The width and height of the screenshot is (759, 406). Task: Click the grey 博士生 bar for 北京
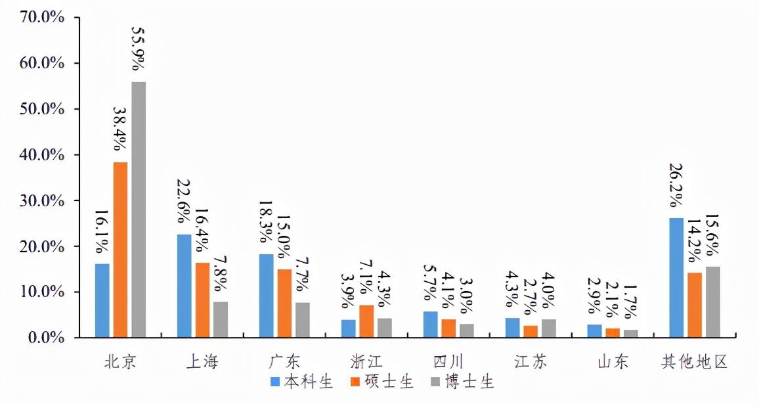pos(139,210)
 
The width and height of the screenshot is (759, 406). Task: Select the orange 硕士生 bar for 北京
pos(120,250)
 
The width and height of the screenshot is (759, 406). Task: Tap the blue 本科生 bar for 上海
pos(184,286)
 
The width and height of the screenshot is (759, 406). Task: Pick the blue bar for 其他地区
pos(676,278)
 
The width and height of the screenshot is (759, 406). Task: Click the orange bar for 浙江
pos(366,321)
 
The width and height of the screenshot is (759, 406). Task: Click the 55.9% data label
pos(139,49)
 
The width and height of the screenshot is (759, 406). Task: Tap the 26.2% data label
pos(676,187)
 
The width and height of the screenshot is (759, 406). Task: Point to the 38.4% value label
pos(120,129)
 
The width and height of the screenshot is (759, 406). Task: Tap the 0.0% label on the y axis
pos(45,338)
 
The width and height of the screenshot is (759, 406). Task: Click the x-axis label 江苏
pos(530,361)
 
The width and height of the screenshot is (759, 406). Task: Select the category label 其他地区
pos(695,361)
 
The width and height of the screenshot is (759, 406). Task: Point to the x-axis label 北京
pos(120,361)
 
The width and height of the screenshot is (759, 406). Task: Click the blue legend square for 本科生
pos(276,382)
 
